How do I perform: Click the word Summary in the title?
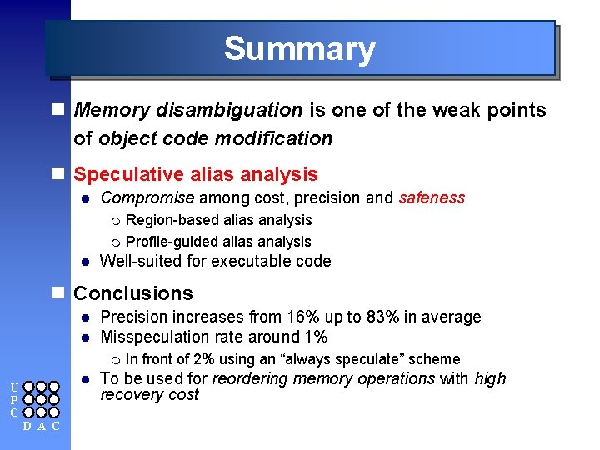(299, 49)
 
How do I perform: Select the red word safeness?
(432, 197)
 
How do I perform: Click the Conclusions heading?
(133, 293)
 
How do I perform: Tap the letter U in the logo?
(13, 387)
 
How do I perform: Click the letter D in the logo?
(27, 427)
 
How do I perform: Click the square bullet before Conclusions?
(57, 293)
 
